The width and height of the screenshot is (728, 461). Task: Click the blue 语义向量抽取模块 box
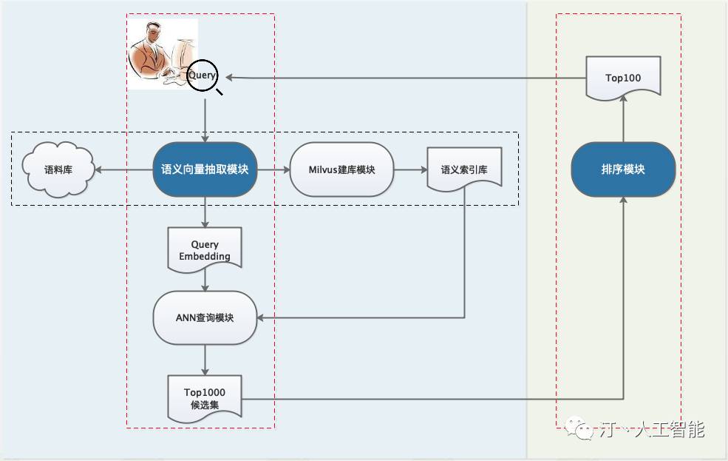205,169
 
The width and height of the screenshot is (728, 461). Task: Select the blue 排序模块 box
623,169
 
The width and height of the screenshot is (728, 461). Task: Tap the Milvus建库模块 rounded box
341,169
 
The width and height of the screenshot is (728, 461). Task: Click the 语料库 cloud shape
58,169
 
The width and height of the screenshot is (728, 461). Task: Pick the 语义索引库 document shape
464,169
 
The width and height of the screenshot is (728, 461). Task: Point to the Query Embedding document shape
205,249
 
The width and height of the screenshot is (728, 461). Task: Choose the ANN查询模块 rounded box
205,318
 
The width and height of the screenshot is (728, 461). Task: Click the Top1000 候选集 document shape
205,398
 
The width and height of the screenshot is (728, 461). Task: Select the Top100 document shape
623,78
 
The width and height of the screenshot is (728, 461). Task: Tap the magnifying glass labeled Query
203,75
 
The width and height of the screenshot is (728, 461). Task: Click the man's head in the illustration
154,33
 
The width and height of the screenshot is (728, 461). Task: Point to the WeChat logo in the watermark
579,428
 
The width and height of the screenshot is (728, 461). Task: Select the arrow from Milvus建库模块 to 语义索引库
411,169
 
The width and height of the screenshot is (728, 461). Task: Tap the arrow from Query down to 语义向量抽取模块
205,121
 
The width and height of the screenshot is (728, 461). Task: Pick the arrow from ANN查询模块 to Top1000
205,360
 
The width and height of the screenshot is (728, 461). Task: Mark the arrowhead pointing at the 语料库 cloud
98,169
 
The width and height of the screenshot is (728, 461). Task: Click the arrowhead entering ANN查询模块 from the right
260,318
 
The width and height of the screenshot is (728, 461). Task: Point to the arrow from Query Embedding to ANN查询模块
205,280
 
